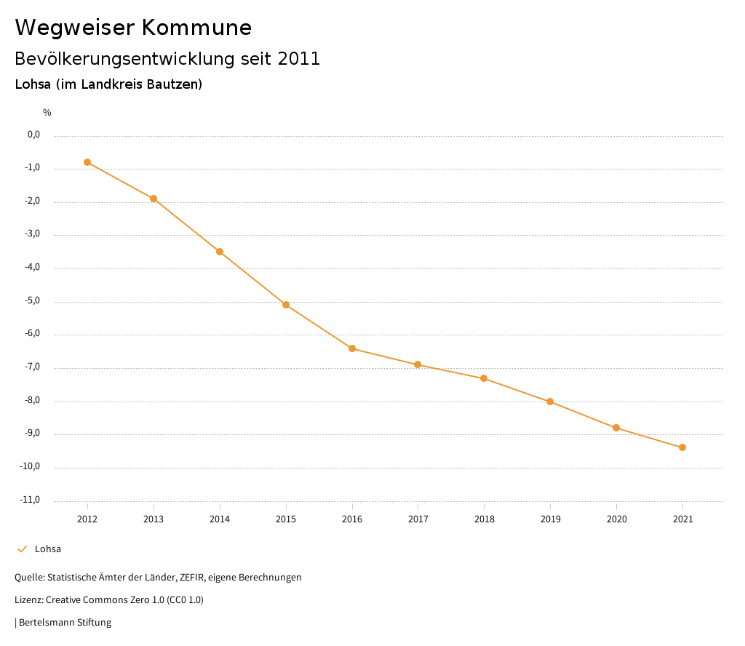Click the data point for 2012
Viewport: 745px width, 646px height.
(87, 162)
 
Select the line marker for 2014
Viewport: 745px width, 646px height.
(220, 252)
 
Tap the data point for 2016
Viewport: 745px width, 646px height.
(352, 348)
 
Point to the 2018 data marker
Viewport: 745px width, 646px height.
(484, 378)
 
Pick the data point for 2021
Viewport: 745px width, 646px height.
(682, 447)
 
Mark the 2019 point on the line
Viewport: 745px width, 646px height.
(550, 402)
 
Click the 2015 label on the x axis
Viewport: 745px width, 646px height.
(286, 519)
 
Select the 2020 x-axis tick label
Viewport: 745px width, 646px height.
(616, 519)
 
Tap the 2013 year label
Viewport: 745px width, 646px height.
(154, 519)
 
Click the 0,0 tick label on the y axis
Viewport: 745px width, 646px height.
(34, 135)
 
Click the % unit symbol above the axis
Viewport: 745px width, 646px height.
(47, 113)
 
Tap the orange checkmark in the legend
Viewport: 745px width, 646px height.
(22, 549)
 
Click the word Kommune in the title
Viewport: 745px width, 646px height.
(196, 28)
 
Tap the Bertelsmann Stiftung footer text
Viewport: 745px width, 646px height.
(65, 623)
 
